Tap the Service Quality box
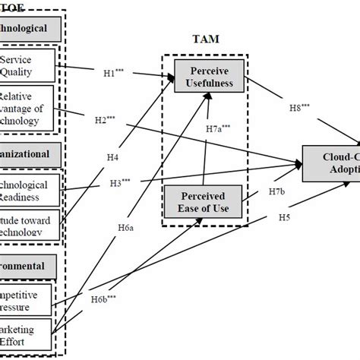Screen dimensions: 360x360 (29, 65)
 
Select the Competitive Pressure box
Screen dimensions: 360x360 (29, 299)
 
